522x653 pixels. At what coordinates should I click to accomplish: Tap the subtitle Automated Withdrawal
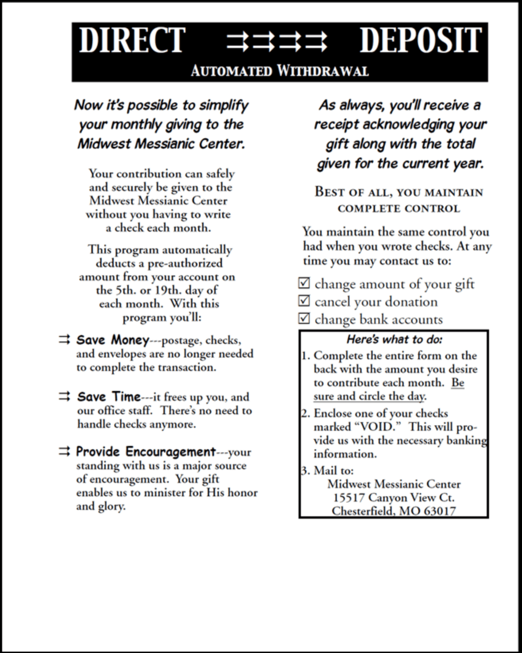pos(280,71)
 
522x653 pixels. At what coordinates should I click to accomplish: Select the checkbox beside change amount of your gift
pos(304,283)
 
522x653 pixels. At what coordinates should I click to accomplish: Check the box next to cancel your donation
pos(304,301)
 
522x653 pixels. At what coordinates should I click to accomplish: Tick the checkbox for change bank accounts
pos(304,318)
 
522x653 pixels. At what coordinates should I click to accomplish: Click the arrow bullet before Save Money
pos(64,340)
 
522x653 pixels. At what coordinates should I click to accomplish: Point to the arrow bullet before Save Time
pos(64,397)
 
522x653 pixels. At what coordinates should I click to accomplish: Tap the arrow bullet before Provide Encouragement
pos(64,452)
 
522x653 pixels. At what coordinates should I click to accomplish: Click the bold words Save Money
pos(113,340)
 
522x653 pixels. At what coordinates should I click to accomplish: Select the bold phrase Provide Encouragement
pos(146,452)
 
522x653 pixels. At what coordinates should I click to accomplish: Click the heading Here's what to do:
pos(394,340)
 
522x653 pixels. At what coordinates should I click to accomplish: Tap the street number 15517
pos(348,498)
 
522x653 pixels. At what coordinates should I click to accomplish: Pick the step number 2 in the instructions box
pos(305,414)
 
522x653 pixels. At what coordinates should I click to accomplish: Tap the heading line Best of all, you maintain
pos(399,192)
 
